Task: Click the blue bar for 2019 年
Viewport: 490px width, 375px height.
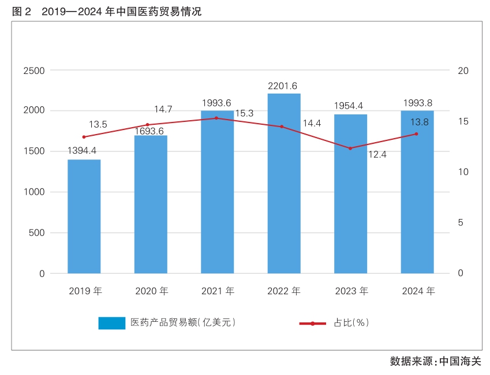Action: click(84, 216)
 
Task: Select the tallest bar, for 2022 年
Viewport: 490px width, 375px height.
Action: click(284, 183)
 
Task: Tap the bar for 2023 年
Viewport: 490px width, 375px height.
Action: click(350, 194)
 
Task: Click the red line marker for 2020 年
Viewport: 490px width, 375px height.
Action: click(147, 125)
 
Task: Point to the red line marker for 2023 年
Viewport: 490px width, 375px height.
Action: click(350, 148)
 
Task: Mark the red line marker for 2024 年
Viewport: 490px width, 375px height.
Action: click(416, 134)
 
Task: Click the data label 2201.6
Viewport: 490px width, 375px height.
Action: click(283, 86)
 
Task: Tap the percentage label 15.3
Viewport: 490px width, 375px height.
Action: click(244, 113)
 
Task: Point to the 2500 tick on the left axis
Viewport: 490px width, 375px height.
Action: click(33, 70)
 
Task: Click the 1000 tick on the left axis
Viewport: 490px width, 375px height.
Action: click(33, 192)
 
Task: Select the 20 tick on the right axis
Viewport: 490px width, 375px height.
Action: click(462, 70)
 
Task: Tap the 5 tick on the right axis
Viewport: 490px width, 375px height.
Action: click(460, 223)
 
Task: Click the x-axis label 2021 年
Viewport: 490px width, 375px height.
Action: click(218, 292)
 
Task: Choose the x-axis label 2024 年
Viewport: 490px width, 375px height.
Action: click(418, 292)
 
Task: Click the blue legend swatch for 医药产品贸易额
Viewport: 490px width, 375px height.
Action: click(111, 323)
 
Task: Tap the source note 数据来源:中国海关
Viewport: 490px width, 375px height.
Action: click(435, 362)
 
